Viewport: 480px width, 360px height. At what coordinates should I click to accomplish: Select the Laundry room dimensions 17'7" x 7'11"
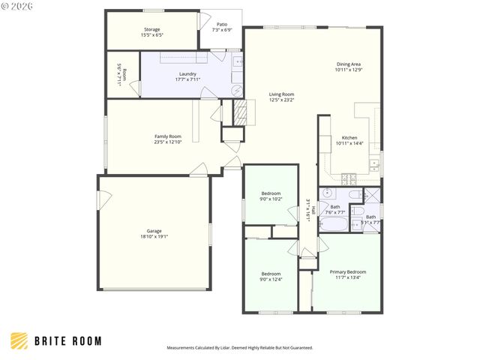187,79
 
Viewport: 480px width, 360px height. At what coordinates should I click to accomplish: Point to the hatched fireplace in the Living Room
242,113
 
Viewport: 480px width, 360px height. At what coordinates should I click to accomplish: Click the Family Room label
168,136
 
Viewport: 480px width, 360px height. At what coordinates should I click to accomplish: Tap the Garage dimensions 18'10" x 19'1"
153,236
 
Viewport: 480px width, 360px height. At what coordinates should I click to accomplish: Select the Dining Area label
348,64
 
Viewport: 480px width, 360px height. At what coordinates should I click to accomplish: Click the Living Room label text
282,94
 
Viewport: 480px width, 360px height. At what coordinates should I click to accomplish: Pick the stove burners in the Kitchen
349,178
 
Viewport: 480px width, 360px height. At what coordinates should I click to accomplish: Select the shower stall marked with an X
373,196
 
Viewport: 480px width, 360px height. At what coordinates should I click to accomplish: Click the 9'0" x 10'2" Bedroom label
271,193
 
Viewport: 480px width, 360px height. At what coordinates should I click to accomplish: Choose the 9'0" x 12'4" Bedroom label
271,274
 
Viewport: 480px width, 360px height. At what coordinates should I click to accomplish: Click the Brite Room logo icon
20,340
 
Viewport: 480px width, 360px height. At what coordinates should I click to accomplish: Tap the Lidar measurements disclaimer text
239,348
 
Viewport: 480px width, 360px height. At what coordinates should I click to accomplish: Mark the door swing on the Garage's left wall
106,199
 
